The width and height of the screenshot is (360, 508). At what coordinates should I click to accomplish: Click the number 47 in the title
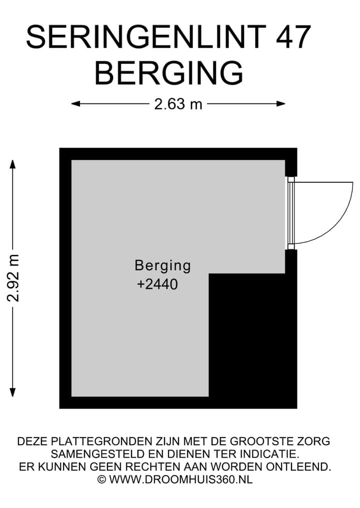click(x=291, y=37)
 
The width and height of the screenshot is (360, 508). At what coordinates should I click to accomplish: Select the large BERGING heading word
click(x=168, y=73)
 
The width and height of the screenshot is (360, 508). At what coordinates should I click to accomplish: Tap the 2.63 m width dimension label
click(x=178, y=104)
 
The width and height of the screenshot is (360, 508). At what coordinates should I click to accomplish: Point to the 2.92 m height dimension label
click(x=13, y=278)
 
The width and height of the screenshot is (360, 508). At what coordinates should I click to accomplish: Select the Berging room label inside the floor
click(x=162, y=265)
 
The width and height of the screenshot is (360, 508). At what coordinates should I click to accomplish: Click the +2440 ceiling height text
click(x=157, y=285)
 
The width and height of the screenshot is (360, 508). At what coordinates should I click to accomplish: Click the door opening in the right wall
click(x=291, y=213)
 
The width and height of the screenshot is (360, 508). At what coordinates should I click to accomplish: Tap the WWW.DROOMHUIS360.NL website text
click(x=180, y=480)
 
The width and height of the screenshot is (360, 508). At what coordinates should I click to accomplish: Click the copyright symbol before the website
click(x=101, y=480)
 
